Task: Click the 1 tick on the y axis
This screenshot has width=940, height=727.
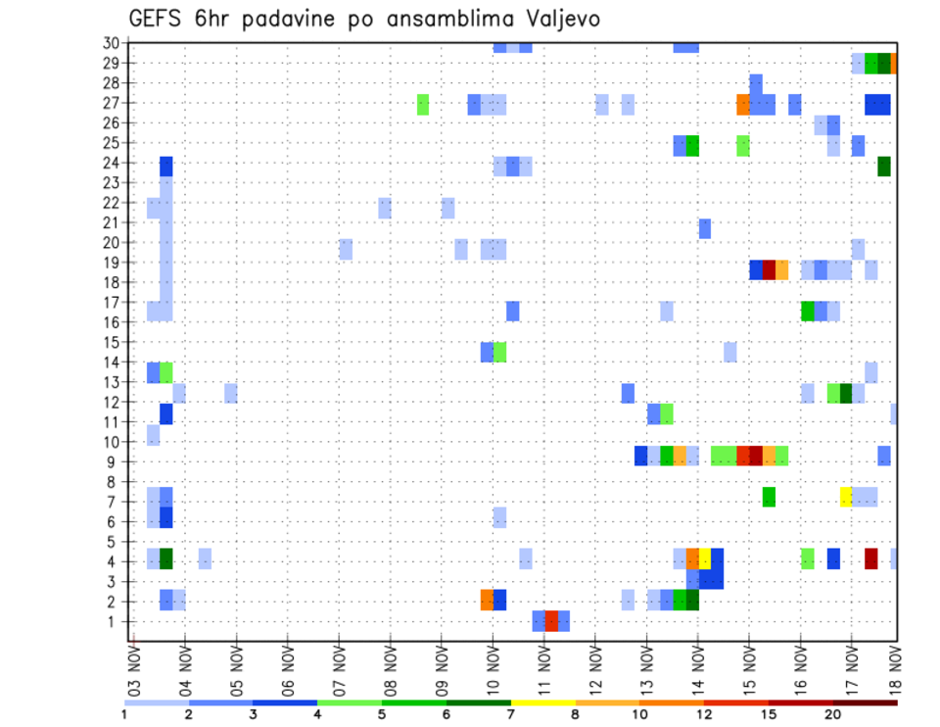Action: click(115, 622)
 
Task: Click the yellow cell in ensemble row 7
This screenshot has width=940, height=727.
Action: click(846, 497)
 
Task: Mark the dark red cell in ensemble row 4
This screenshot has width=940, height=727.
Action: click(871, 558)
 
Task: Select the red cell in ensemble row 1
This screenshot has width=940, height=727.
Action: click(551, 621)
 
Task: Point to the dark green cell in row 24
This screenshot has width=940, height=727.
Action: click(884, 167)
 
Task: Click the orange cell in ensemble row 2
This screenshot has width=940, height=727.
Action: click(487, 600)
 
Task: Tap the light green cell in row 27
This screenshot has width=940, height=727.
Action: click(423, 104)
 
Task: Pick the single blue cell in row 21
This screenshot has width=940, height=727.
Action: click(705, 228)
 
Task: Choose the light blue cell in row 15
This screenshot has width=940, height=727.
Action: click(730, 352)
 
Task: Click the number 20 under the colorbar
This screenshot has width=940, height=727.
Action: click(832, 714)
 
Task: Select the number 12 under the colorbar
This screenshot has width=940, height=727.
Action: click(704, 714)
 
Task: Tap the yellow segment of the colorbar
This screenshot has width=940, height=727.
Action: click(542, 702)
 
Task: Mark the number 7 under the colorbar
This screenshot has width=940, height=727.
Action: click(510, 714)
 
